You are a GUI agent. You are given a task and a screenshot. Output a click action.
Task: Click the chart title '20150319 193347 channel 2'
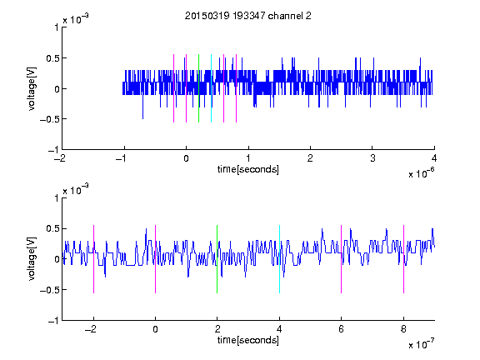pos(248,16)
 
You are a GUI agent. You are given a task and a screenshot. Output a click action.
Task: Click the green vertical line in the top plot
pos(198,88)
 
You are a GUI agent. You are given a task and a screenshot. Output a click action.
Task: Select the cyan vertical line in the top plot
pos(211,88)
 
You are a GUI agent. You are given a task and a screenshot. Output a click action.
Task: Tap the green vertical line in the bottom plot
pos(217,259)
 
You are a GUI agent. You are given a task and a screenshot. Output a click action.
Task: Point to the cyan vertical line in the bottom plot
pos(279,259)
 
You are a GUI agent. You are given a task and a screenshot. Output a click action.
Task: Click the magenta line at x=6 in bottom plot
pos(342,259)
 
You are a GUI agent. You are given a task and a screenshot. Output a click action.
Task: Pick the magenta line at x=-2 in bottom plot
pos(93,259)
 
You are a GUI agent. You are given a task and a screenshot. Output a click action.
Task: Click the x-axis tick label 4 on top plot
pos(434,158)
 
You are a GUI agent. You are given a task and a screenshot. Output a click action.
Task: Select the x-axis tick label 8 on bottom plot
pos(403,329)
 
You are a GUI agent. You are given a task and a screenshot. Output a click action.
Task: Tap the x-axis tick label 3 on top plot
pos(372,158)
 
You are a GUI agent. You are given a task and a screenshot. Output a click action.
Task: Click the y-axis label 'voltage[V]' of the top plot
pos(32,88)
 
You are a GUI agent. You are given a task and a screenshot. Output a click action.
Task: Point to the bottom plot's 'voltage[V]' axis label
pos(32,258)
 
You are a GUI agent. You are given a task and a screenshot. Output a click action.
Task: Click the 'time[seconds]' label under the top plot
pos(248,169)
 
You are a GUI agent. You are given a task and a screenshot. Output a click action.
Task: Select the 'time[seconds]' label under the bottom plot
pos(248,340)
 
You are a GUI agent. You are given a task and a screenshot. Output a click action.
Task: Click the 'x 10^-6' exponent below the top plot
pos(422,173)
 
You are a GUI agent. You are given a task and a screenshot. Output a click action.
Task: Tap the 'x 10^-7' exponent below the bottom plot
pos(422,344)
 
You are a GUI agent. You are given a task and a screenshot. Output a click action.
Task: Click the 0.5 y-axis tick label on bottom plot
pos(52,228)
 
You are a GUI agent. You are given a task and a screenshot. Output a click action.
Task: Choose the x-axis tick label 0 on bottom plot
pos(155,329)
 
